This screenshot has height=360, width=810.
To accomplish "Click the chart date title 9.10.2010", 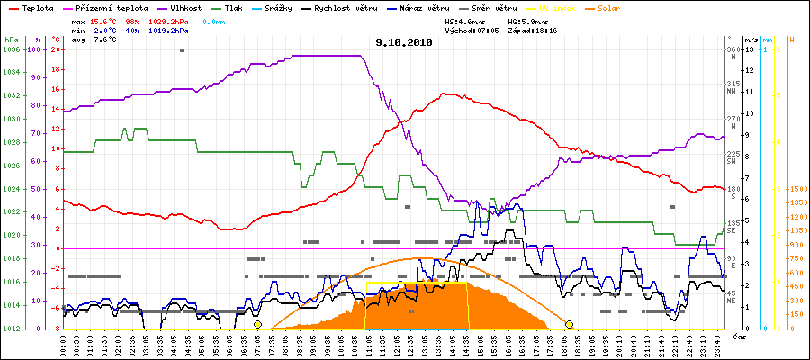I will tap(405, 41).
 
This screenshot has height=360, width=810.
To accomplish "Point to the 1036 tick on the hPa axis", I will tap(11, 49).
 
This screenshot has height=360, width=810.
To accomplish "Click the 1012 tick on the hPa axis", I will tap(11, 328).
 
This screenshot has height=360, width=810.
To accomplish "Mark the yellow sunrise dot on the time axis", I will tap(257, 324).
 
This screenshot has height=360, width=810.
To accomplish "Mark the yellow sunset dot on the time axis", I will tap(569, 324).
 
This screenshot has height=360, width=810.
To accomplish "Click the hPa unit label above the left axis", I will tap(11, 40).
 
